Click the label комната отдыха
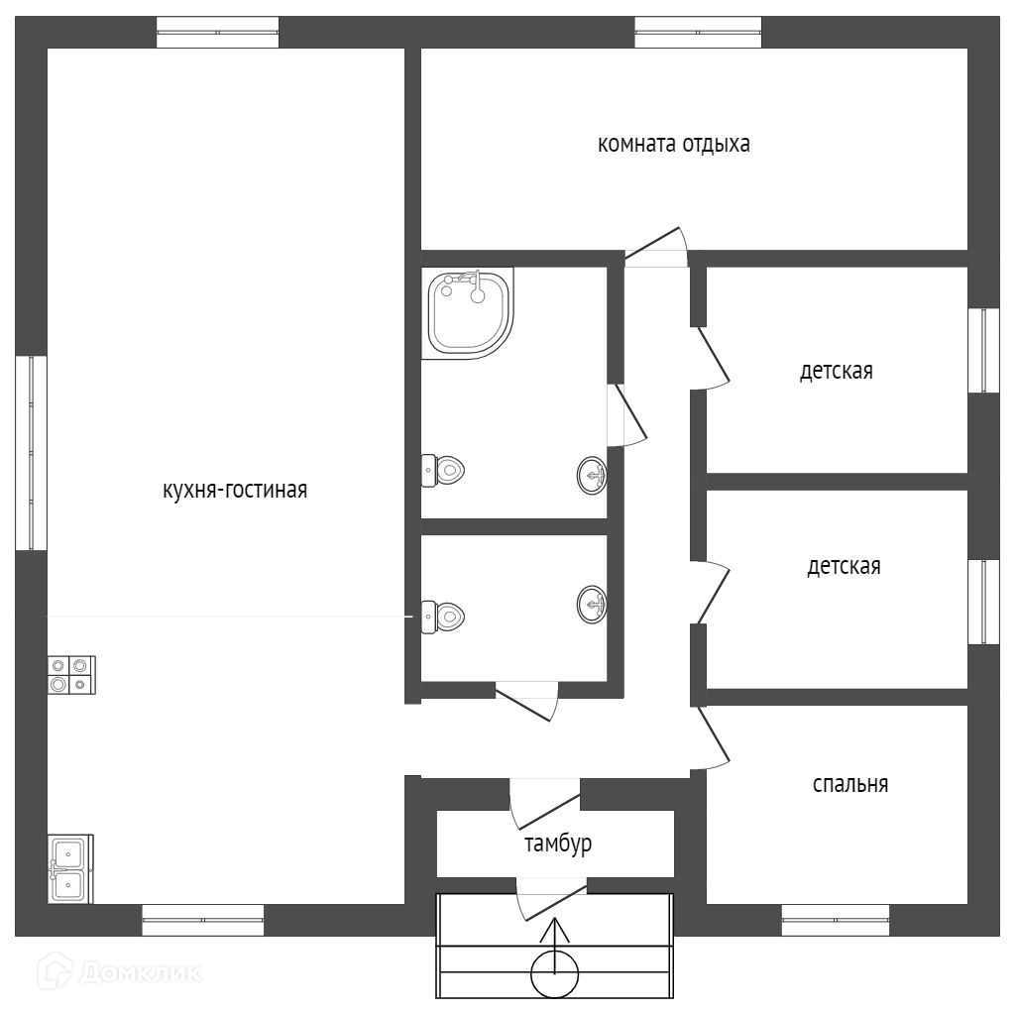click(673, 145)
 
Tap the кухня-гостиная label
click(235, 490)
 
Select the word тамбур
click(558, 844)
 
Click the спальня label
click(849, 784)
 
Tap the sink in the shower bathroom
click(592, 476)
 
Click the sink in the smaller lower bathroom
click(592, 603)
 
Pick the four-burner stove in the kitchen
click(71, 674)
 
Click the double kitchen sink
click(69, 868)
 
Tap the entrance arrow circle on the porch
click(554, 973)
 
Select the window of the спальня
click(835, 920)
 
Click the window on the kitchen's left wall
click(32, 453)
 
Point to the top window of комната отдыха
click(698, 32)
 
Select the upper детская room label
click(837, 372)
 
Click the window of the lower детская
click(983, 602)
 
